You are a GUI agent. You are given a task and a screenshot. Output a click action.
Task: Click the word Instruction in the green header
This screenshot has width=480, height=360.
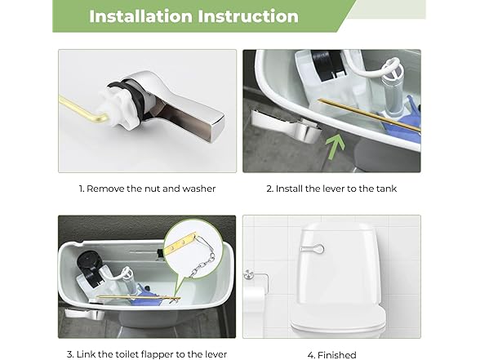[248, 16]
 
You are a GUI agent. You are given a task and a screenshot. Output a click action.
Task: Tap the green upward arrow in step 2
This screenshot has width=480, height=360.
[336, 146]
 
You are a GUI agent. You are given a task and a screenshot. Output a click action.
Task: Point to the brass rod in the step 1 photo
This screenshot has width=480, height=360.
[82, 109]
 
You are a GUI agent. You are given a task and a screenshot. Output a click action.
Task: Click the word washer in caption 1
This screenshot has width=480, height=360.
[199, 189]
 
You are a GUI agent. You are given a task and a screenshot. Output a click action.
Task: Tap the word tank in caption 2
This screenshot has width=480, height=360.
[386, 189]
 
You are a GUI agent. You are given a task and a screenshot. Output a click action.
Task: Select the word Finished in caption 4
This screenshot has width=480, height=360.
[337, 355]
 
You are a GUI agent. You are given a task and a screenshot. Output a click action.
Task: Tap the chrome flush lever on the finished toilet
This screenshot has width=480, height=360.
[313, 248]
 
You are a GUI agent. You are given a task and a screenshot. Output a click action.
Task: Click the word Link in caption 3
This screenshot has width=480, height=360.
[86, 354]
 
